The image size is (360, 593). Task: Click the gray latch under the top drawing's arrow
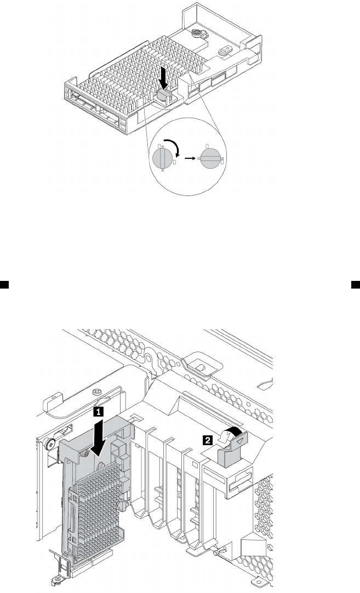[x=163, y=95]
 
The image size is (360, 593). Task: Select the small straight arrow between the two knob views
[x=190, y=158]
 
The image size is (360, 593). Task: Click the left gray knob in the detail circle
[x=162, y=159]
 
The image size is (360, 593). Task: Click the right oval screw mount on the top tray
[x=224, y=49]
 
